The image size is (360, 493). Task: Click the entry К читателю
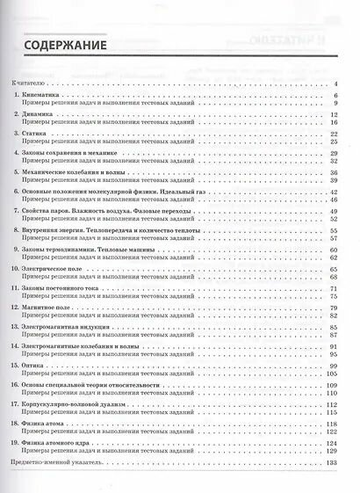(32, 83)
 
